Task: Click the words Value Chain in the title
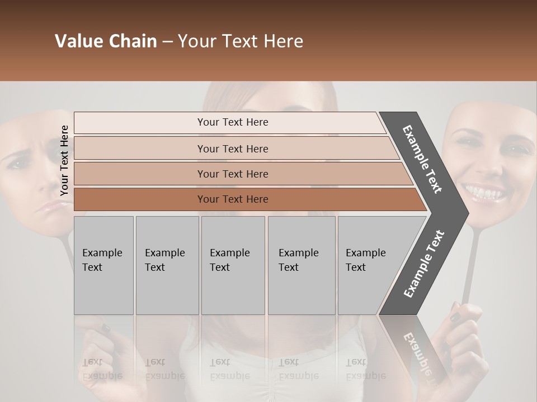click(106, 41)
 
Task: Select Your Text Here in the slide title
click(241, 41)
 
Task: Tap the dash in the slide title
click(167, 42)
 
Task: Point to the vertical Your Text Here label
click(64, 160)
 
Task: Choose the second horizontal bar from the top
click(233, 149)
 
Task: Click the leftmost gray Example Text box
click(103, 265)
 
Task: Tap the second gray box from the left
click(167, 265)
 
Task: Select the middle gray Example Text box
click(233, 265)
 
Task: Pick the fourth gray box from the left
click(301, 265)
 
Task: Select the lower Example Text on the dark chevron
click(424, 264)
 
